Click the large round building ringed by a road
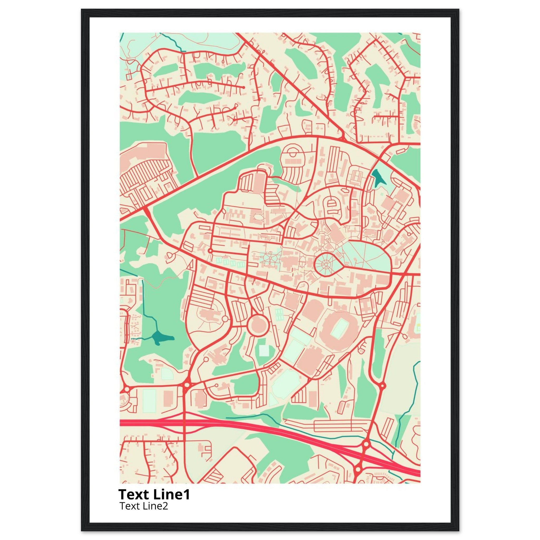pos(258,325)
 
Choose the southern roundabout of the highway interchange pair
pos(358,468)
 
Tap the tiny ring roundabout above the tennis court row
pos(210,250)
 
